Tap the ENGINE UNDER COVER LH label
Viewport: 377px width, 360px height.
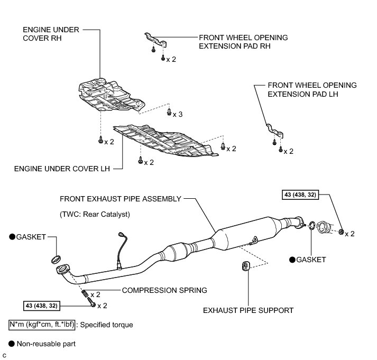62,170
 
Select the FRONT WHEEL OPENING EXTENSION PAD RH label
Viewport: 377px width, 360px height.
243,42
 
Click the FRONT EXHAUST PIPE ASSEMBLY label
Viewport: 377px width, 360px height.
121,199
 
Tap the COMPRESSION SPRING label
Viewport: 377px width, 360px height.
164,290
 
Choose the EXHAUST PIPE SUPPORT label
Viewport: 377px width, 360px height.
248,310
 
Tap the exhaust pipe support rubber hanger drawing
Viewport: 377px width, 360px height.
245,266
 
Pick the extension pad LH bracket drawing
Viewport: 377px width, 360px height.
274,131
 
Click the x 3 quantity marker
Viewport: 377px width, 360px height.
178,115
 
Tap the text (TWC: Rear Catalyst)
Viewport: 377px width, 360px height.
95,215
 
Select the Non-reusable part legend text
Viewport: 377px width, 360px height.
46,344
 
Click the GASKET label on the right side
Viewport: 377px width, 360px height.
311,260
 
